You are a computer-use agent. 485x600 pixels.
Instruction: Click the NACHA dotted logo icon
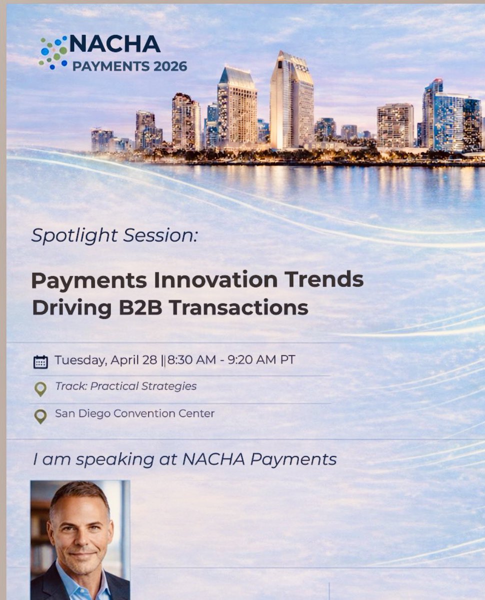pyautogui.click(x=53, y=52)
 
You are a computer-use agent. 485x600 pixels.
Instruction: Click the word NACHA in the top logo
pyautogui.click(x=115, y=44)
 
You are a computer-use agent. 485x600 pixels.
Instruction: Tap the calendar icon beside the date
pyautogui.click(x=40, y=361)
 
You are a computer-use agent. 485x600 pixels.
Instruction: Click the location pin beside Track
pyautogui.click(x=40, y=388)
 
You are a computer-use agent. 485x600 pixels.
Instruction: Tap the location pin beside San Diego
pyautogui.click(x=40, y=416)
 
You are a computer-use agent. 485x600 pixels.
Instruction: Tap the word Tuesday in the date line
pyautogui.click(x=78, y=360)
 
